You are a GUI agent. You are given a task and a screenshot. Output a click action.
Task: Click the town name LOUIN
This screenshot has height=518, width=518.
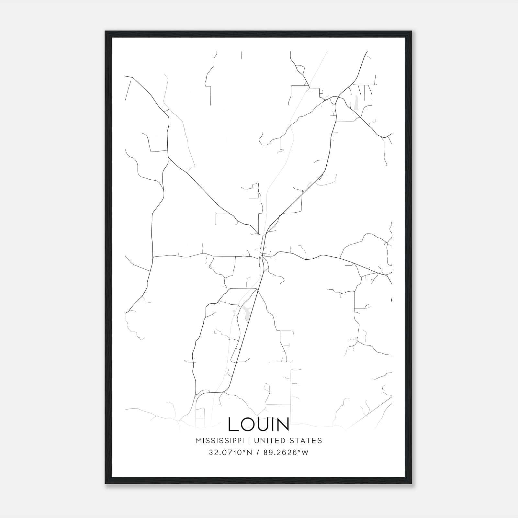tap(258, 424)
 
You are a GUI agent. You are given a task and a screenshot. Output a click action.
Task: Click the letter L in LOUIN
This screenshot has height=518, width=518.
tap(233, 424)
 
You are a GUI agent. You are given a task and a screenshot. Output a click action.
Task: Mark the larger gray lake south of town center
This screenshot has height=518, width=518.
tap(246, 313)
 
